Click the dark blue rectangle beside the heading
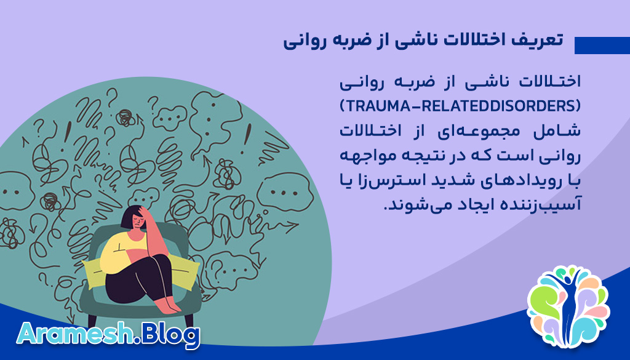[x=601, y=46]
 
